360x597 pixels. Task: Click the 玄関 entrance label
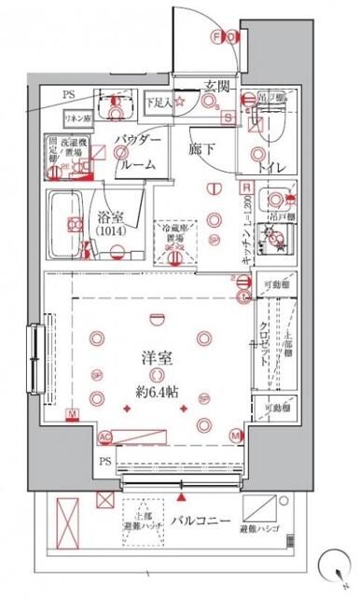pos(218,86)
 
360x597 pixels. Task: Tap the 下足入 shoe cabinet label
pos(164,102)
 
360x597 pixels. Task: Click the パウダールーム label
pos(138,149)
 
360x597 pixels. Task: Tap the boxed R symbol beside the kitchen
pos(245,185)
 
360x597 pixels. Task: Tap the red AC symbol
pos(104,436)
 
